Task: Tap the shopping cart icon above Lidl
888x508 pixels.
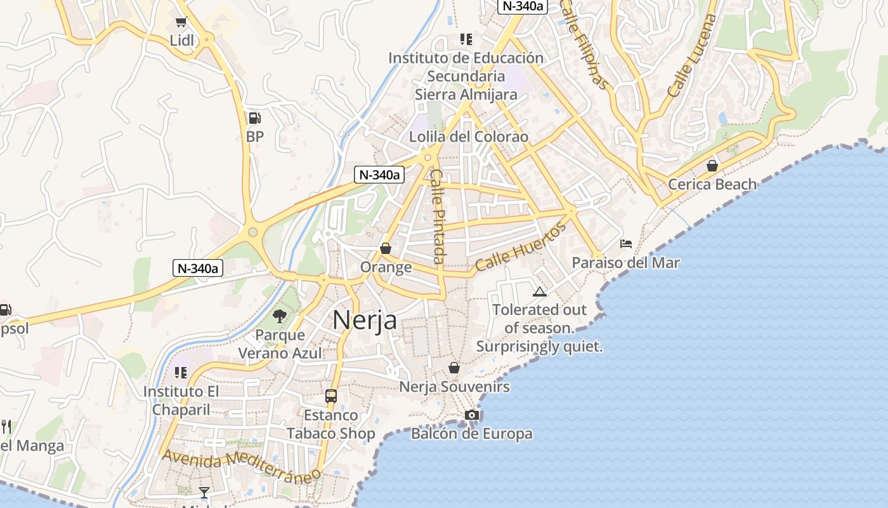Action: click(181, 22)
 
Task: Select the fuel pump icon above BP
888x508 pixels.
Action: click(254, 117)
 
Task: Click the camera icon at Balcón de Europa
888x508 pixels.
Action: click(471, 415)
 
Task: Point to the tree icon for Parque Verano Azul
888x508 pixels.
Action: click(279, 316)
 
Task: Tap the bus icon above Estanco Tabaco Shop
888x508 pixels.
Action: click(330, 396)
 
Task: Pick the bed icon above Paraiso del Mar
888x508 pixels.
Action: click(626, 244)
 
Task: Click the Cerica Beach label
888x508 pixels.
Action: click(712, 185)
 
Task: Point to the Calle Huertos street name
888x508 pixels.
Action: click(520, 248)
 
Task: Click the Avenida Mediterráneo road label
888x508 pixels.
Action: click(240, 466)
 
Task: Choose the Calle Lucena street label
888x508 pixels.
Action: click(691, 56)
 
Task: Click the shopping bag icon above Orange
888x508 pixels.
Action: click(385, 248)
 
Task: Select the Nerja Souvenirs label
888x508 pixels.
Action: click(454, 387)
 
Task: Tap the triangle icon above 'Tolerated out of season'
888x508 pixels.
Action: click(540, 291)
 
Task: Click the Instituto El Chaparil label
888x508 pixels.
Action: click(181, 401)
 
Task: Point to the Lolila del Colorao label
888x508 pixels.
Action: click(469, 137)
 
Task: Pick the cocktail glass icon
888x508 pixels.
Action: click(204, 493)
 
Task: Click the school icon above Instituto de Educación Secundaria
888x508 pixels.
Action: click(466, 39)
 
